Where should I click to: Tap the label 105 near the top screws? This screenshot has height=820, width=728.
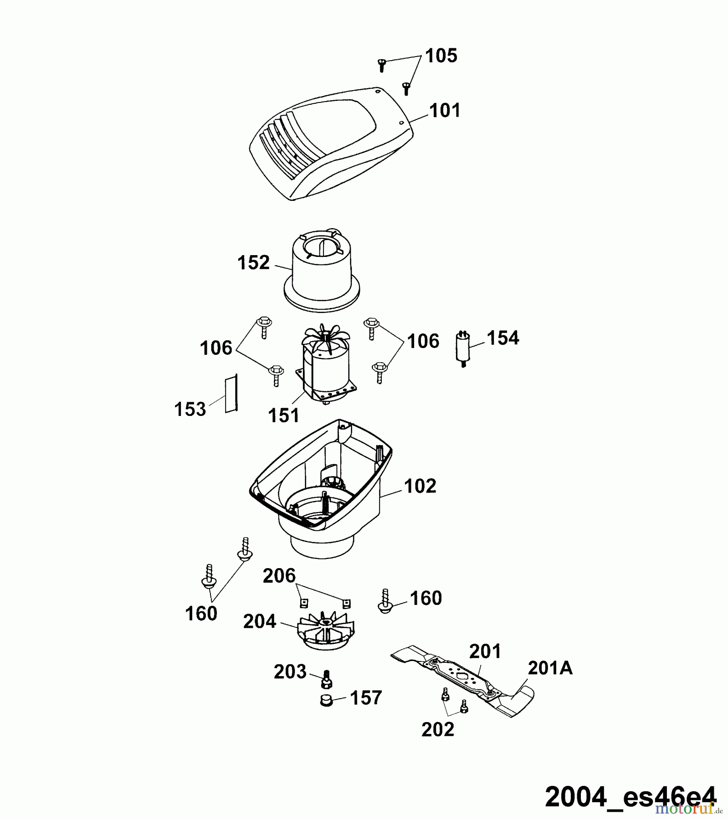pyautogui.click(x=441, y=56)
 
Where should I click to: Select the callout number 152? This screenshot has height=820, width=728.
pyautogui.click(x=254, y=263)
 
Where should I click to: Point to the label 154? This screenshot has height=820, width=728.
pyautogui.click(x=502, y=338)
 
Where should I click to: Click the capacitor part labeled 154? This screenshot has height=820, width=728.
pyautogui.click(x=463, y=348)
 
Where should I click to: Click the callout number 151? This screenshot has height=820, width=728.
pyautogui.click(x=284, y=415)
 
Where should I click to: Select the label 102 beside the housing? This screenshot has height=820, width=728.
pyautogui.click(x=420, y=486)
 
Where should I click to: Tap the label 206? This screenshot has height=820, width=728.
pyautogui.click(x=279, y=576)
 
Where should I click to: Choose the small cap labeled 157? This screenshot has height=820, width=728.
pyautogui.click(x=326, y=700)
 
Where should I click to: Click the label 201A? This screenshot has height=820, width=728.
pyautogui.click(x=550, y=668)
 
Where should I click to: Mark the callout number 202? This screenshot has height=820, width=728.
pyautogui.click(x=438, y=730)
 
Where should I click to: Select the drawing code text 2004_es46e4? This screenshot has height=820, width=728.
pyautogui.click(x=631, y=796)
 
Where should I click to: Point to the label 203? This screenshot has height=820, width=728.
pyautogui.click(x=290, y=672)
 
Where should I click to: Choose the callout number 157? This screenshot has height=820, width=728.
pyautogui.click(x=366, y=698)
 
